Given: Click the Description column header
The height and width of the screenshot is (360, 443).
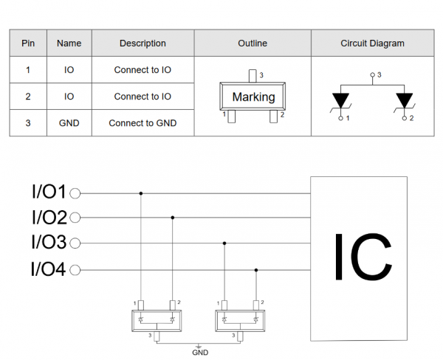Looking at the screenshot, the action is coord(142,44).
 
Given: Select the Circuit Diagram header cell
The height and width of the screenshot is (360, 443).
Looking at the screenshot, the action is coord(372,44).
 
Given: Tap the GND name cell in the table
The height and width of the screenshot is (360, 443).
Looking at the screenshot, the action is coord(69,123).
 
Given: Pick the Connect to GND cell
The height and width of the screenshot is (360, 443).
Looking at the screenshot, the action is coord(142,123).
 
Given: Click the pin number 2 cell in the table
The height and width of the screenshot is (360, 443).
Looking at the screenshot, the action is coord(28,97).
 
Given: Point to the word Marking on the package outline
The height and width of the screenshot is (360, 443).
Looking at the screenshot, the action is coord(253,97).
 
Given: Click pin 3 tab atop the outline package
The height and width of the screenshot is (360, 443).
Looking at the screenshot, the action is coord(253,76).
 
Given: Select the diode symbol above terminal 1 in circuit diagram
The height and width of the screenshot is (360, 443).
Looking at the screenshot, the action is coord(340,101).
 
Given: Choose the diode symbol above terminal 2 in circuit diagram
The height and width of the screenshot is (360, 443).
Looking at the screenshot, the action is coord(405,101).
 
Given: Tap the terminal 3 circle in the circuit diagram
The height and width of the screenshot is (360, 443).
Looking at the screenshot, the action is coord(373,75).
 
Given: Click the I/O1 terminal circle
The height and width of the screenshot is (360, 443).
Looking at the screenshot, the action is coord(75,193).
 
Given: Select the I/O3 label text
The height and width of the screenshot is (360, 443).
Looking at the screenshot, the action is coord(49,242).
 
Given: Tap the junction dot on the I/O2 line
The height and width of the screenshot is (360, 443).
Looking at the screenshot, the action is coord(173,218).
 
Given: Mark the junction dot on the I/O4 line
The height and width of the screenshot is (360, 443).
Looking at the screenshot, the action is coord(256,270).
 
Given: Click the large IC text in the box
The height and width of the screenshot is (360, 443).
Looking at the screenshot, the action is coord(363,257).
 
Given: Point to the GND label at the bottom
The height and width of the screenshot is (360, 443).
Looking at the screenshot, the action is coord(200,353).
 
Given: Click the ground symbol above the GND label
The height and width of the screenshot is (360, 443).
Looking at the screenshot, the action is coord(199,346).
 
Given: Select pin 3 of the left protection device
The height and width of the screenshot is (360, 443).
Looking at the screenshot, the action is coord(157,336).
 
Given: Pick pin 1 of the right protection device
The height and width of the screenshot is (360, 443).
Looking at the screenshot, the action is coord(224,305).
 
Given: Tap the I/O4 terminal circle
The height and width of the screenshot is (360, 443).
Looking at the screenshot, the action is coord(75,270).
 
